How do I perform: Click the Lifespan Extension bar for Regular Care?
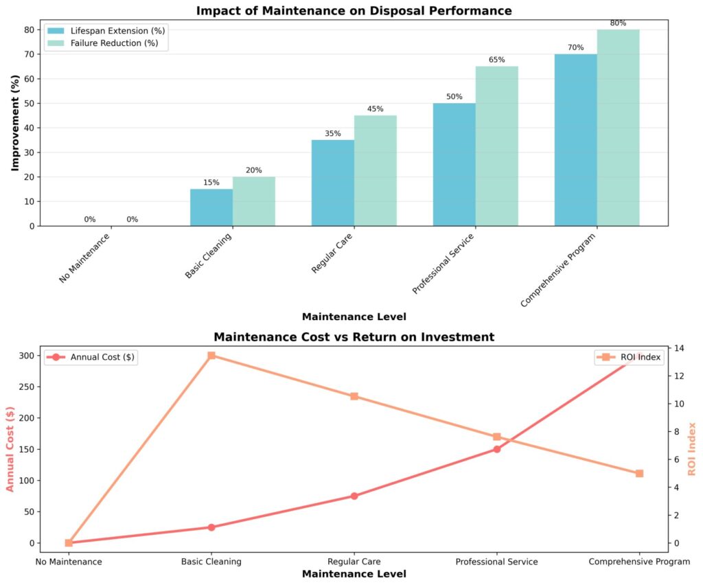[333, 183]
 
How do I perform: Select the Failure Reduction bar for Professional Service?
[496, 146]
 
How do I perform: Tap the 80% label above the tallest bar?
[618, 23]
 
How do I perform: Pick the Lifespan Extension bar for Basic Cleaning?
[211, 207]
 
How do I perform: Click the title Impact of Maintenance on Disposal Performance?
[354, 10]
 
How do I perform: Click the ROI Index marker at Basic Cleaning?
[211, 356]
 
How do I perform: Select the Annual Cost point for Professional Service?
[496, 449]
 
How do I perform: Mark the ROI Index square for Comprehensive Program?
[639, 473]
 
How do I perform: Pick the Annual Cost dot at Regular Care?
[354, 496]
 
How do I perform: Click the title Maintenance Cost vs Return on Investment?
[354, 337]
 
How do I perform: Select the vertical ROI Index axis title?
[692, 448]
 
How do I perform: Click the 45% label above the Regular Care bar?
[376, 109]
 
